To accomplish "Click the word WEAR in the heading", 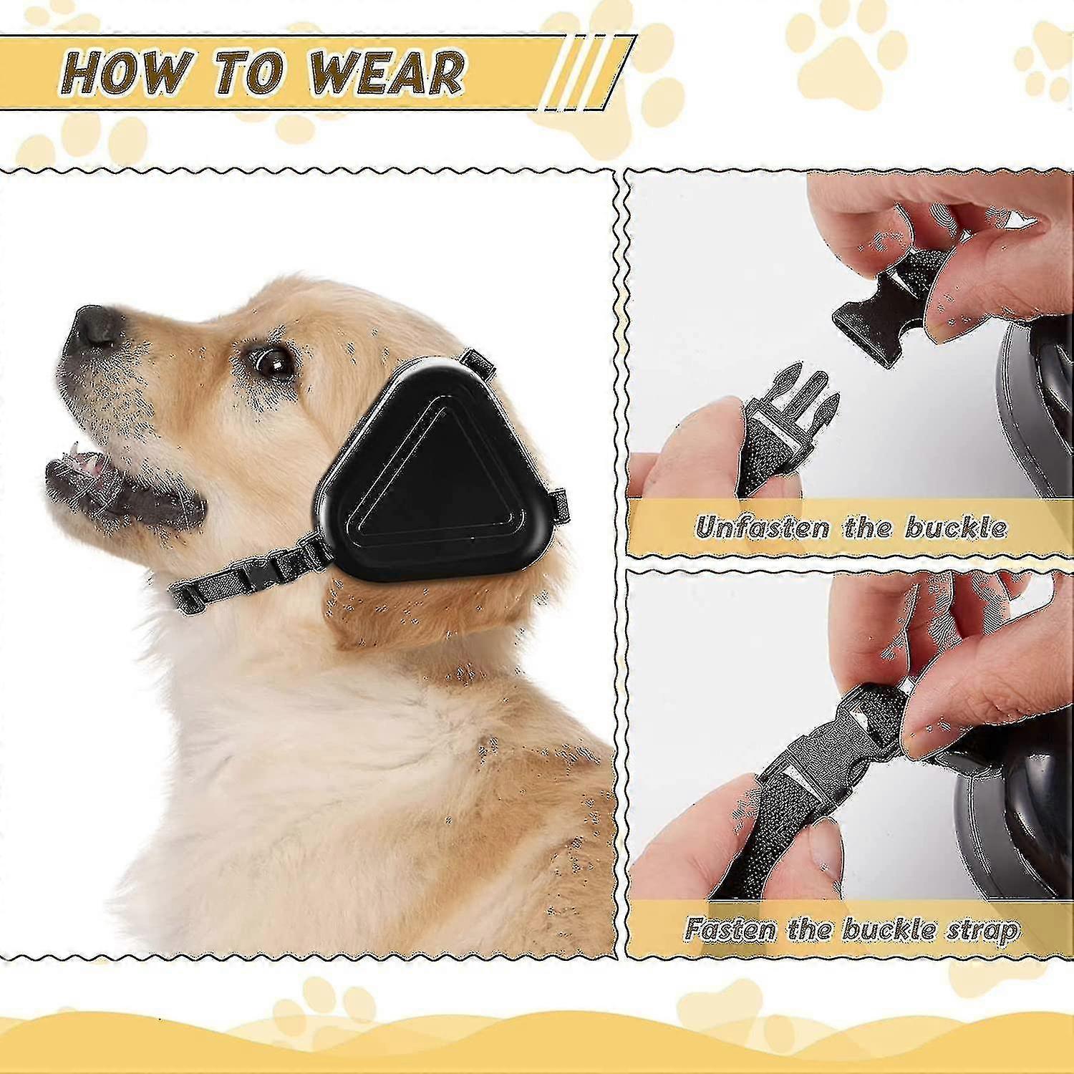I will tap(387, 74).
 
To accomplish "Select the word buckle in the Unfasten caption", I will tap(957, 528).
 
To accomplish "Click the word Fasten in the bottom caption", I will tap(730, 929).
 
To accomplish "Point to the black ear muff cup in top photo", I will tap(1031, 401).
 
